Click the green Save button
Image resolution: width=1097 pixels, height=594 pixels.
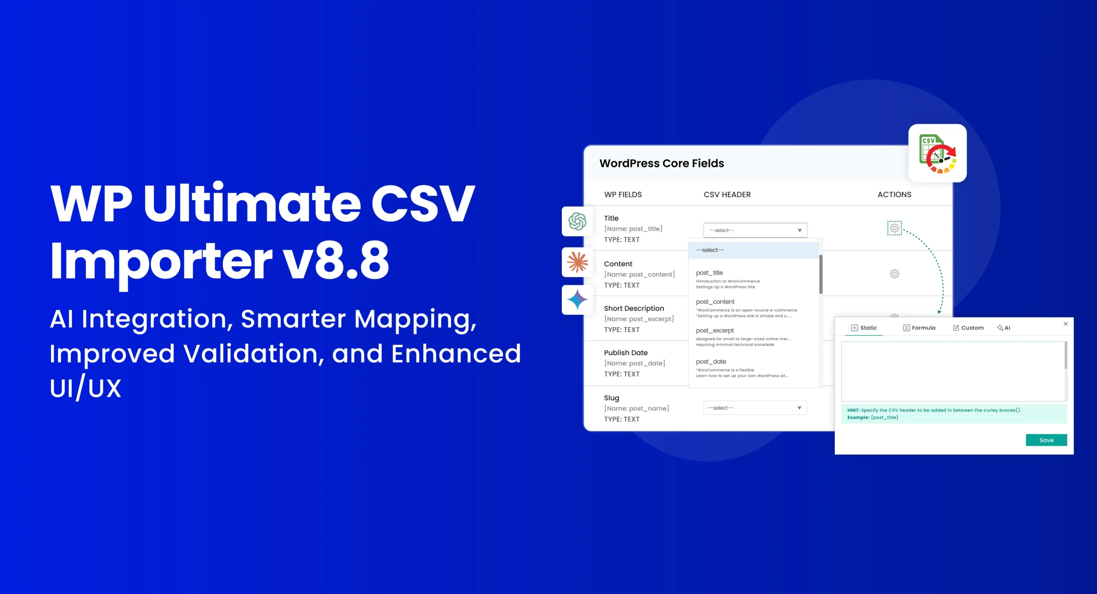(1046, 440)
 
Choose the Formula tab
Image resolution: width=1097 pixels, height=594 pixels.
(919, 328)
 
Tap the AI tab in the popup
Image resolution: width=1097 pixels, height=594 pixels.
(1004, 328)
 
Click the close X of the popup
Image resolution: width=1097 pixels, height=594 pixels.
(1066, 324)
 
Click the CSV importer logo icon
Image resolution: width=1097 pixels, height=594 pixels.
(938, 153)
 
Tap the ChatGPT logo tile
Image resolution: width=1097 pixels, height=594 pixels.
(577, 221)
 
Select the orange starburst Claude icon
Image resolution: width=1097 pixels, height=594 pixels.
(577, 262)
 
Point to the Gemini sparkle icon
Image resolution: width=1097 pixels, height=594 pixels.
(577, 300)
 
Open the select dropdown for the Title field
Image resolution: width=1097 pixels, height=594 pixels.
(755, 230)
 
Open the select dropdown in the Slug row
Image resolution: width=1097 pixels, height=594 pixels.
(755, 408)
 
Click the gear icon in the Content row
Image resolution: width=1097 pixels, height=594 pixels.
(894, 273)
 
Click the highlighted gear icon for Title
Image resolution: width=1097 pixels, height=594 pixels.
(894, 228)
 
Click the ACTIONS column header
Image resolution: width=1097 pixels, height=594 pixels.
(894, 195)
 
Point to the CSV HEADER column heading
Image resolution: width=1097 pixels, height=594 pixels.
(727, 195)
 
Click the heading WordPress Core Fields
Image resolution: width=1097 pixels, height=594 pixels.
(662, 163)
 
